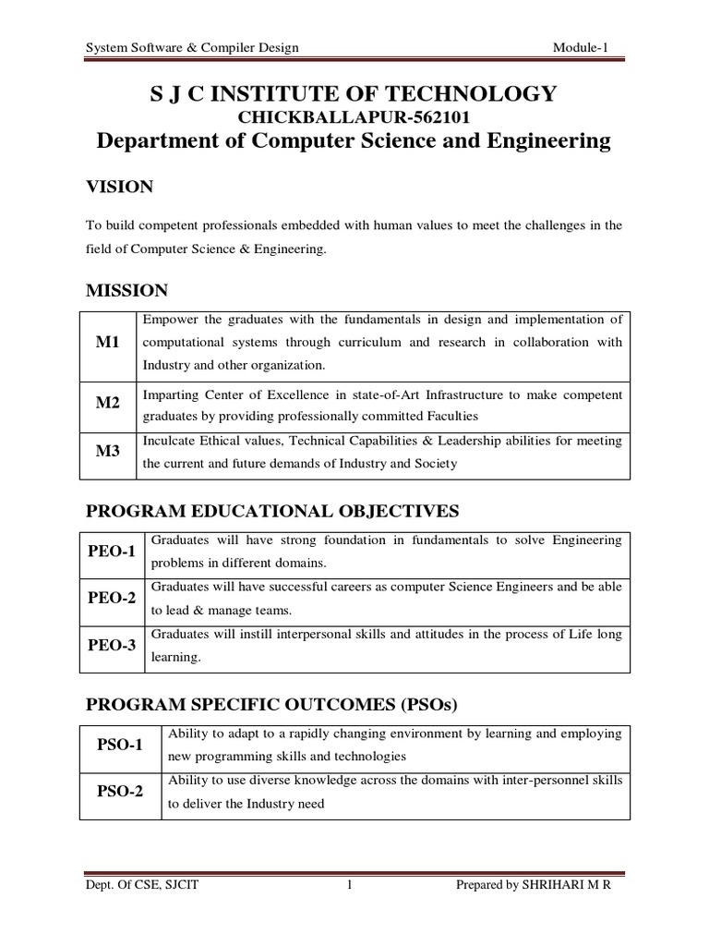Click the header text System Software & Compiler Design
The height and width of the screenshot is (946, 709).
[x=191, y=47]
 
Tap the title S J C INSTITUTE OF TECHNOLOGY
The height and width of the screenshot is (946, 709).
[x=354, y=93]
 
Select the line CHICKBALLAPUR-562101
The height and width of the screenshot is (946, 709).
[x=354, y=117]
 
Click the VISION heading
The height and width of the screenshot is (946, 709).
[x=119, y=188]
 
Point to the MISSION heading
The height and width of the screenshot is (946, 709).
[x=126, y=291]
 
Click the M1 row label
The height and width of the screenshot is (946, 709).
[x=109, y=344]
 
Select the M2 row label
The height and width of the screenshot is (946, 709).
[x=109, y=405]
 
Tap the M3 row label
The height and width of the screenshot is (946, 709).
[x=109, y=453]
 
